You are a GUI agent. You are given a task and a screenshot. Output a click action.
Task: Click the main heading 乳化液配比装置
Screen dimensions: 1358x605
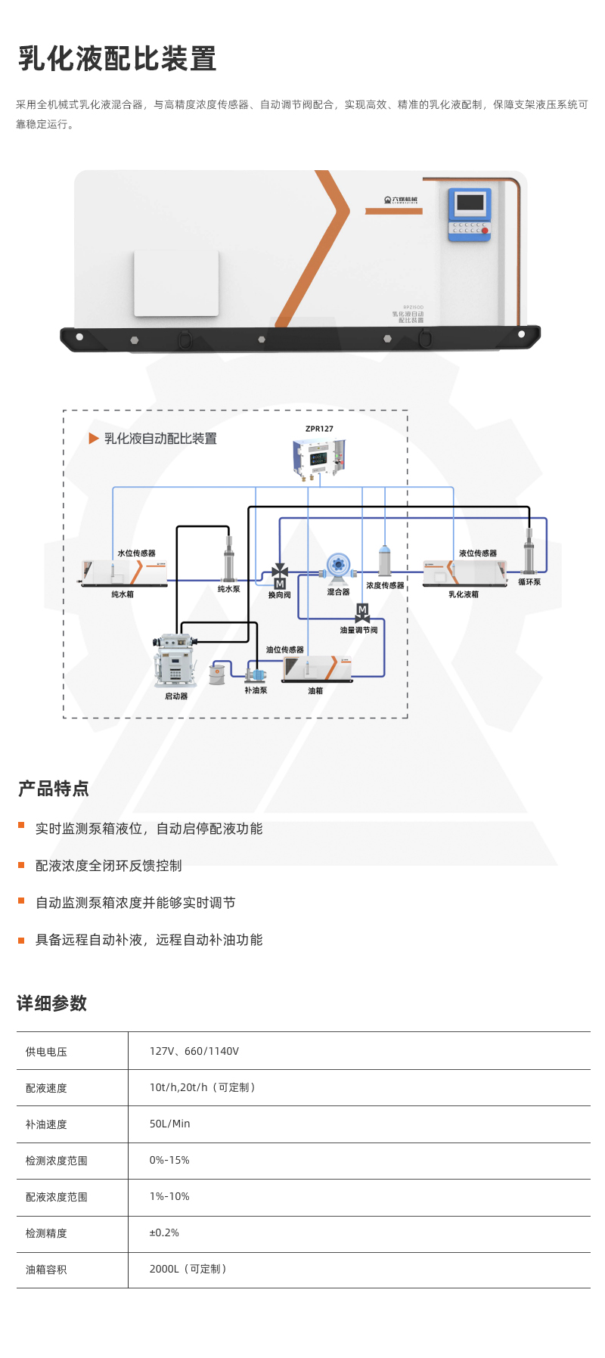(117, 59)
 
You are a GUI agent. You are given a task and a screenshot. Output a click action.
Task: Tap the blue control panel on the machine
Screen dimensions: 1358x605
(470, 215)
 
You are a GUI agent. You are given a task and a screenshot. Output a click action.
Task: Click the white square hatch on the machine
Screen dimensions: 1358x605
(176, 283)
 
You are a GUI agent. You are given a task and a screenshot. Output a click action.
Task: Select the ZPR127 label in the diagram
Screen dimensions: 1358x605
(319, 429)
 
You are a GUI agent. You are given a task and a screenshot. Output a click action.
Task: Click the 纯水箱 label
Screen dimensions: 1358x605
(123, 594)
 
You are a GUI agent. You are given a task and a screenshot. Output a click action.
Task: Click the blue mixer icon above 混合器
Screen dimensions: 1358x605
(338, 565)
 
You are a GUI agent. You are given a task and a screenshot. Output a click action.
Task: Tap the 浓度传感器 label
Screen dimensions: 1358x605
(385, 585)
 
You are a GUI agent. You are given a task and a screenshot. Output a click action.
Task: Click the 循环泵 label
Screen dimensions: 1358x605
(529, 582)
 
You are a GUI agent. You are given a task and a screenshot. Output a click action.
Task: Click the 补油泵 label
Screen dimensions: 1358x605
(256, 690)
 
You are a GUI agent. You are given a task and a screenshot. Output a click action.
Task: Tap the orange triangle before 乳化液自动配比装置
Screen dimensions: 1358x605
(94, 439)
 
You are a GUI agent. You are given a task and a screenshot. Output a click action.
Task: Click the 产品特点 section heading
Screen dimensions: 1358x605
(53, 789)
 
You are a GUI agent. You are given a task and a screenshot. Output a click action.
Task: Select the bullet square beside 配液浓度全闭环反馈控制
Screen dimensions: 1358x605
(21, 865)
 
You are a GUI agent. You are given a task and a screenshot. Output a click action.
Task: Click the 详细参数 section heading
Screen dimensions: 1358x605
(52, 1003)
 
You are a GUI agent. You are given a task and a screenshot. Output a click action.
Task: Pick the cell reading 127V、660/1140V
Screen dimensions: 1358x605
(194, 1051)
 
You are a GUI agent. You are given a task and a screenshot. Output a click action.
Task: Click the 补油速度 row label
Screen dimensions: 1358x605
(46, 1124)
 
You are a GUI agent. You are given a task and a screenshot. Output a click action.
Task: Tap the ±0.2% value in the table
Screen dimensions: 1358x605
(164, 1232)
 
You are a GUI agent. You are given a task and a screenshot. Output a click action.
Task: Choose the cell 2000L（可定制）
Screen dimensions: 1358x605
(188, 1269)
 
